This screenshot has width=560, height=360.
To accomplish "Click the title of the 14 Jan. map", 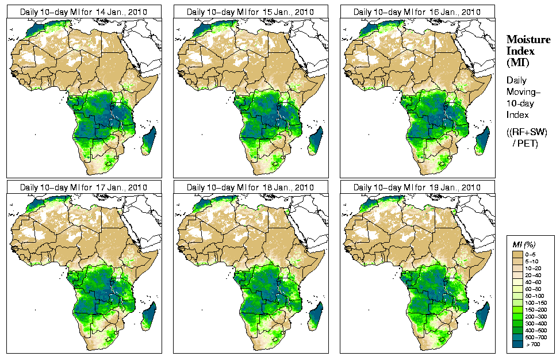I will click(83, 12).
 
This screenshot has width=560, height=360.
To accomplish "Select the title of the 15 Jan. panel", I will click(250, 12).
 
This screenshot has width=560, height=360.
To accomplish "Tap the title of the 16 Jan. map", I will click(417, 12).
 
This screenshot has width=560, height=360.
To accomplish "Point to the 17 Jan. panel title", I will click(83, 187).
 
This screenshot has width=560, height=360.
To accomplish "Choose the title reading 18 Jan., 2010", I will click(250, 187).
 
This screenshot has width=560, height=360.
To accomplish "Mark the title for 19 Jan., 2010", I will click(417, 187).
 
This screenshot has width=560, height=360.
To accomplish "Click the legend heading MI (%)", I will click(521, 245).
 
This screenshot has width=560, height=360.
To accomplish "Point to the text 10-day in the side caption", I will click(521, 104).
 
